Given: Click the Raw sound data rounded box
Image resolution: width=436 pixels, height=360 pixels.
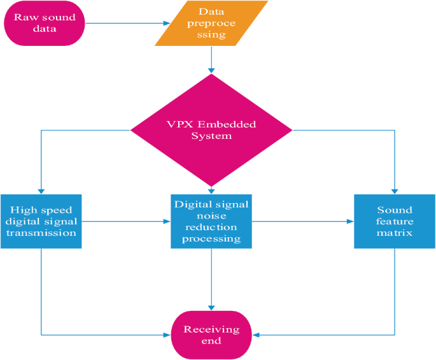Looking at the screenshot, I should pyautogui.click(x=45, y=24).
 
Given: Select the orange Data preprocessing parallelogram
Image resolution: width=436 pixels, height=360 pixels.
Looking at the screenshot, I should pyautogui.click(x=211, y=24).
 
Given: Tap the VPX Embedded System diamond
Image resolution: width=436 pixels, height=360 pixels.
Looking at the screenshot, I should pyautogui.click(x=211, y=131).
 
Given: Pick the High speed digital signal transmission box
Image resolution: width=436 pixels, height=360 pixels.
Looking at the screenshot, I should pyautogui.click(x=41, y=221).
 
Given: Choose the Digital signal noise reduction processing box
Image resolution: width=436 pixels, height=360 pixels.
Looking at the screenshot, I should pyautogui.click(x=211, y=221).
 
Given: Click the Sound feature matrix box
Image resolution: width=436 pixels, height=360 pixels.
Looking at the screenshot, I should pyautogui.click(x=395, y=221).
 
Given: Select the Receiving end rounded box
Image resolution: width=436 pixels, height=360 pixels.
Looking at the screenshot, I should pyautogui.click(x=211, y=335).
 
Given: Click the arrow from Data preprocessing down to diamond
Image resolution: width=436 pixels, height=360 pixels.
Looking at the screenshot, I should pyautogui.click(x=211, y=61).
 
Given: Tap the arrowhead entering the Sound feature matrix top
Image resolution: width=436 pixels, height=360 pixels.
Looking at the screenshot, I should pyautogui.click(x=395, y=191).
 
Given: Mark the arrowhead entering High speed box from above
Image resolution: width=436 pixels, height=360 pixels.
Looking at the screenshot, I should pyautogui.click(x=41, y=191).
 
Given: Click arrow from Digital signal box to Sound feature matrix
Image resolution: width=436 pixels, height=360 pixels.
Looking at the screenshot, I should pyautogui.click(x=302, y=222).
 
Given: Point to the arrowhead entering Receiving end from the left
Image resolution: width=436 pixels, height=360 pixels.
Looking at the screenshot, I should pyautogui.click(x=168, y=335).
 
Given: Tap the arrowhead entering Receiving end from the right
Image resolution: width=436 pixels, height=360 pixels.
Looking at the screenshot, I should pyautogui.click(x=256, y=335).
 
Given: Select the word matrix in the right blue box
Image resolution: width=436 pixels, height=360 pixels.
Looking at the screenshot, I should pyautogui.click(x=395, y=233).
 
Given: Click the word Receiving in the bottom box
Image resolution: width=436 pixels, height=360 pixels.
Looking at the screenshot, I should pyautogui.click(x=211, y=329).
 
